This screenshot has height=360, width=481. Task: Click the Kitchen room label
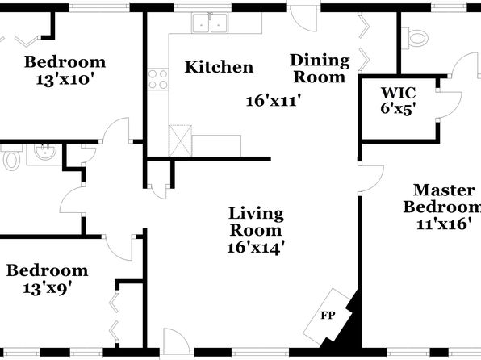[x=219, y=67]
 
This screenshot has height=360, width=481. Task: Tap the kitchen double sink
[x=210, y=23]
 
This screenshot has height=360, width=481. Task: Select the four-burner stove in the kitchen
[x=158, y=79]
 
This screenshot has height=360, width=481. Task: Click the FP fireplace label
[x=328, y=315]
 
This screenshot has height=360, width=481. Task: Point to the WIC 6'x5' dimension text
[x=399, y=108]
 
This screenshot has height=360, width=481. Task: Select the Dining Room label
[x=320, y=69]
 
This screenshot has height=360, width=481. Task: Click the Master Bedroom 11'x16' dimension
[x=444, y=224]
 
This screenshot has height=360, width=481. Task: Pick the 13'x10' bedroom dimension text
[x=65, y=80]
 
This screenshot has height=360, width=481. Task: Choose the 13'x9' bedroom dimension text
[x=48, y=288]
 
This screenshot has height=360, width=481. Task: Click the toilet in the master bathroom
[x=415, y=39]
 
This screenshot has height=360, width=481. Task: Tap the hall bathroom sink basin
[x=45, y=152]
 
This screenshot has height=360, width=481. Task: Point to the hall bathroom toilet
[x=11, y=157]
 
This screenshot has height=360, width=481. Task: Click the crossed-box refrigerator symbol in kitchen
[x=181, y=140]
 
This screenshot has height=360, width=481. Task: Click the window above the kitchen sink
[x=203, y=6]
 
